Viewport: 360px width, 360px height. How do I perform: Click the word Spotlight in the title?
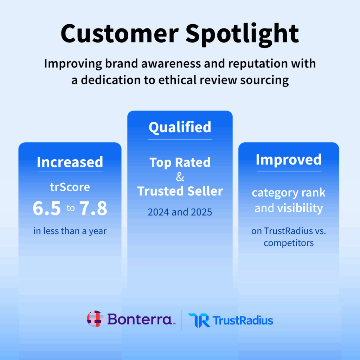point(243,34)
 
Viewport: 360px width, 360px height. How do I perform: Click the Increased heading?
point(70,162)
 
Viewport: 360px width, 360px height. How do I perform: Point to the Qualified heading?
point(180,127)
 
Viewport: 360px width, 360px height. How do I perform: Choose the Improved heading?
point(289,160)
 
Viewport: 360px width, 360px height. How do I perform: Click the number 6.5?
point(46,208)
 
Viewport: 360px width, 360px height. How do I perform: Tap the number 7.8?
point(93,208)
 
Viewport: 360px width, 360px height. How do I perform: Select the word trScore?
point(70,187)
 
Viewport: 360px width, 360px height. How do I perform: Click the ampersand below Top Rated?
point(180,177)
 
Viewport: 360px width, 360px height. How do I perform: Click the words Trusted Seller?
point(180,191)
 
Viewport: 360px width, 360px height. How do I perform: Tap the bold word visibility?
point(300,208)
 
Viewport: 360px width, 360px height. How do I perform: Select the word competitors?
point(289,243)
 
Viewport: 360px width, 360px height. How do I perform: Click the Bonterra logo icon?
point(95,319)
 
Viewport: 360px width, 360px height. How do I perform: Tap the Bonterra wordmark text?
point(140,319)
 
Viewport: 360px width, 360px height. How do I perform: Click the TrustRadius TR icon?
point(199,320)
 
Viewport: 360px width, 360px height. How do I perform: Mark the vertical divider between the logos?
point(181,320)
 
